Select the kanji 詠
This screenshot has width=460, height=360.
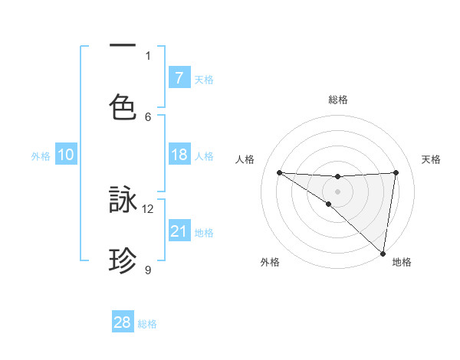(123, 200)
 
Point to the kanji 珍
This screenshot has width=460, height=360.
(123, 260)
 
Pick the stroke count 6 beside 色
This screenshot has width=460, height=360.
(148, 116)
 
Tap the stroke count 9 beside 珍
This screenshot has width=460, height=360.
(148, 270)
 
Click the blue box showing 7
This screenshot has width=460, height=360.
(179, 77)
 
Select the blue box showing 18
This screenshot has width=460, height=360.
(179, 155)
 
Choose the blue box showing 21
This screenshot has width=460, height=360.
(179, 231)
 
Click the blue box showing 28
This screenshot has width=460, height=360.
(123, 322)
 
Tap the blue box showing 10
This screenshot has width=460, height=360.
(66, 155)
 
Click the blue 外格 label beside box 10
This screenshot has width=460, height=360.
(41, 156)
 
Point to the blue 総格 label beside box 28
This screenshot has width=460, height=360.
(147, 324)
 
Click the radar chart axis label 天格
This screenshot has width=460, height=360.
(432, 159)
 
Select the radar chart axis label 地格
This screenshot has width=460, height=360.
(402, 263)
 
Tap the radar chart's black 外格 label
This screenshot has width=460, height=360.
(270, 263)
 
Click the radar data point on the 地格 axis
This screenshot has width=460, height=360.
(383, 253)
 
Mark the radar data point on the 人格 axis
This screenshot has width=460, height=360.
(279, 172)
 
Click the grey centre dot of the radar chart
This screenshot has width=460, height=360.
(337, 191)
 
